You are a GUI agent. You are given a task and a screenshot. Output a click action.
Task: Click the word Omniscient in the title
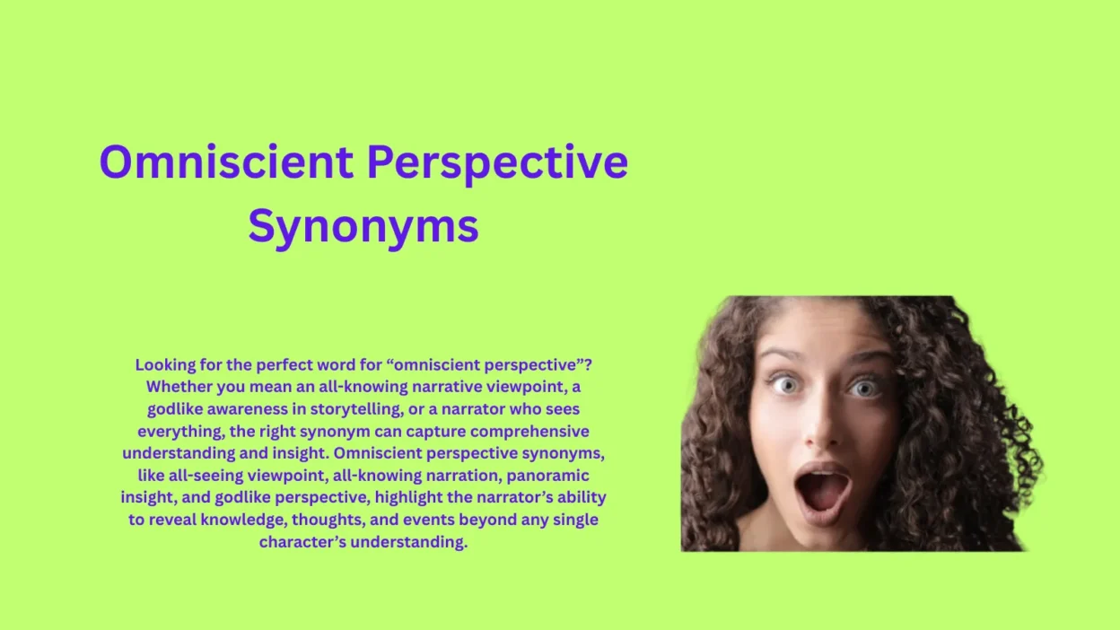click(x=226, y=162)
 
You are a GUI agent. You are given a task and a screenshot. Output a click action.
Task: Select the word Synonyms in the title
click(x=363, y=225)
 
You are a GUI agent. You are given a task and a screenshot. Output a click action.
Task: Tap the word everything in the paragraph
click(x=178, y=432)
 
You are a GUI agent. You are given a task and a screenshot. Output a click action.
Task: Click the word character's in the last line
click(x=302, y=542)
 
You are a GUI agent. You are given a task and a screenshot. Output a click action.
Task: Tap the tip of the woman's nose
click(x=823, y=437)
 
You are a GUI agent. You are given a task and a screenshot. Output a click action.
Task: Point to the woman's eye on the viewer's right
click(x=865, y=389)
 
